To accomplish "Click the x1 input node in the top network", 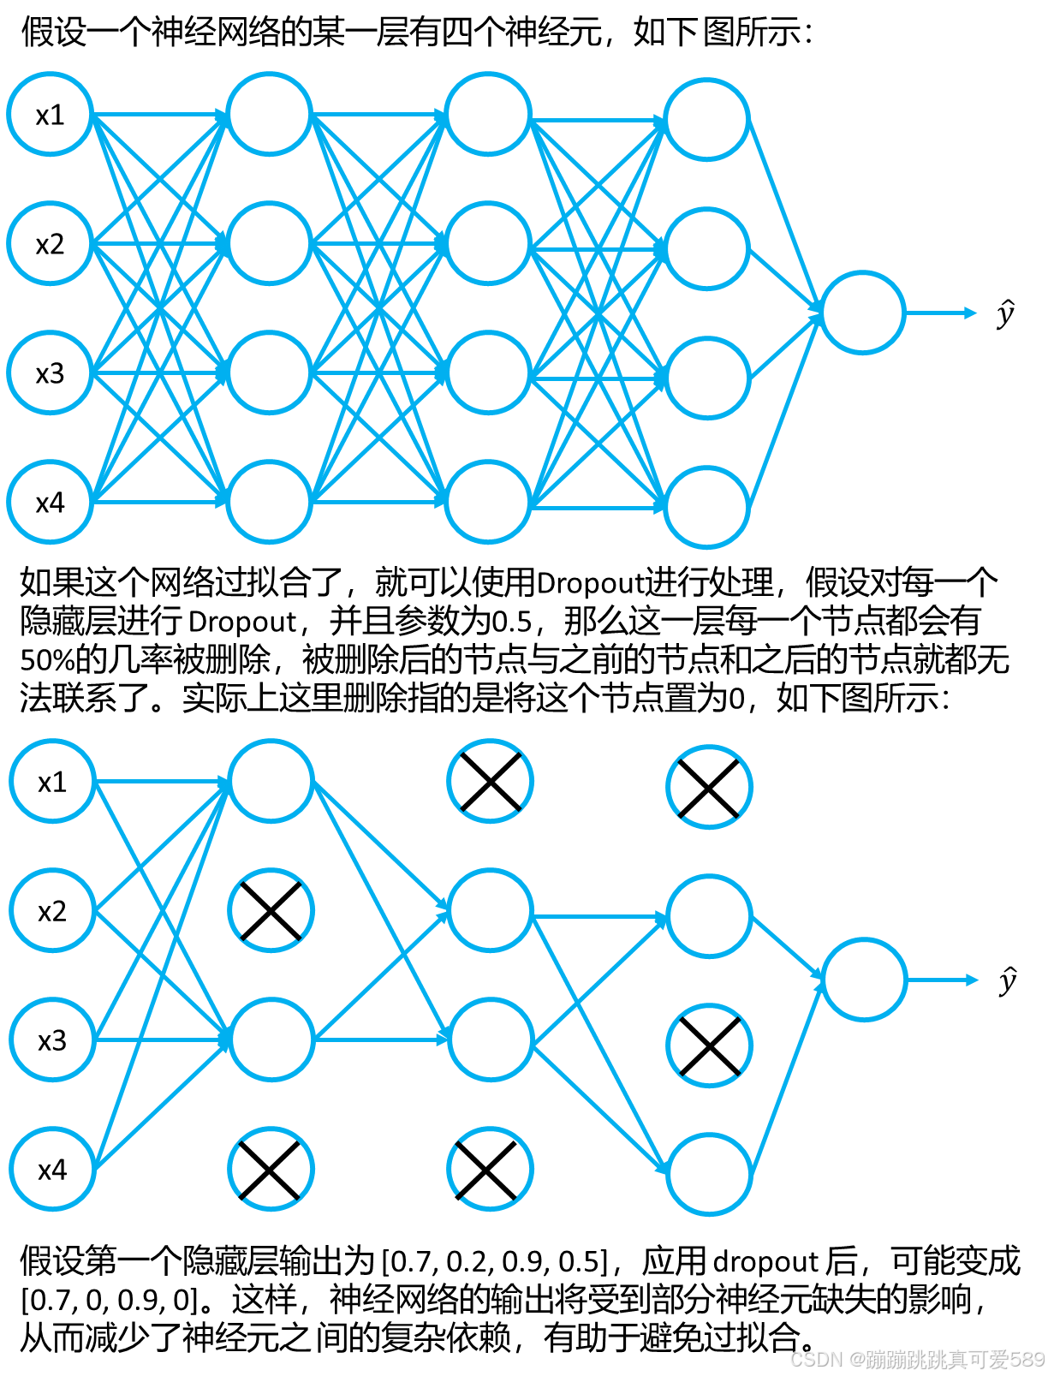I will (50, 114).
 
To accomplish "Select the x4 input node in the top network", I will (50, 502).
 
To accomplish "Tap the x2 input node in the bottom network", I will (52, 910).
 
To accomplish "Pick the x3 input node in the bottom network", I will (52, 1039).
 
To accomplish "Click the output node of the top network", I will (863, 313).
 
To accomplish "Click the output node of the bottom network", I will (865, 980).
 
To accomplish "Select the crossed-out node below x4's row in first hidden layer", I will (271, 1169).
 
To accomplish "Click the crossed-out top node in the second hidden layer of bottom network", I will (490, 781).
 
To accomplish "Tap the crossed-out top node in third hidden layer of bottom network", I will (709, 787).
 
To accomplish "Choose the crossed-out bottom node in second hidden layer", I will (490, 1169).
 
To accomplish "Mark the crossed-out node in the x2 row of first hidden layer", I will (271, 910).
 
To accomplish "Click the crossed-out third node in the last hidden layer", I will (709, 1045).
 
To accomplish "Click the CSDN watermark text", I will (815, 1358).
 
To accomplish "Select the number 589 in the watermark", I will (1026, 1358).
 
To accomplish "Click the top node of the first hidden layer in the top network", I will (269, 114).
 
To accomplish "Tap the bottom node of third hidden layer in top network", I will (707, 508).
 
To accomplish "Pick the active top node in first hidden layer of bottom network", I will (271, 781).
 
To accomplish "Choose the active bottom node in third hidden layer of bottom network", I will (709, 1174).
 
